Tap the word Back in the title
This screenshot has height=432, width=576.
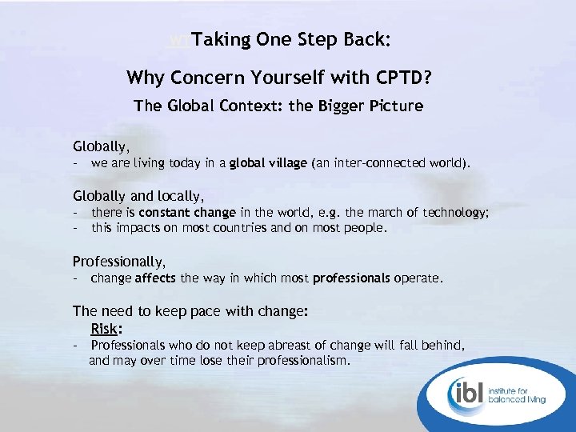point(368,38)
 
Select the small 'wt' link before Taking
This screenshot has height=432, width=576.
point(181,39)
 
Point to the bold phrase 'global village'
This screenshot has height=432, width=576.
point(268,163)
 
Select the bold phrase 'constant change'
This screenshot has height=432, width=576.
point(187,213)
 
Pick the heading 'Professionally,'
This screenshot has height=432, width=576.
point(119,261)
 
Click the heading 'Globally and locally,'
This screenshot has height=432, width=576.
point(138,195)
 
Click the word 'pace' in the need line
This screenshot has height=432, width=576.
point(197,311)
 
